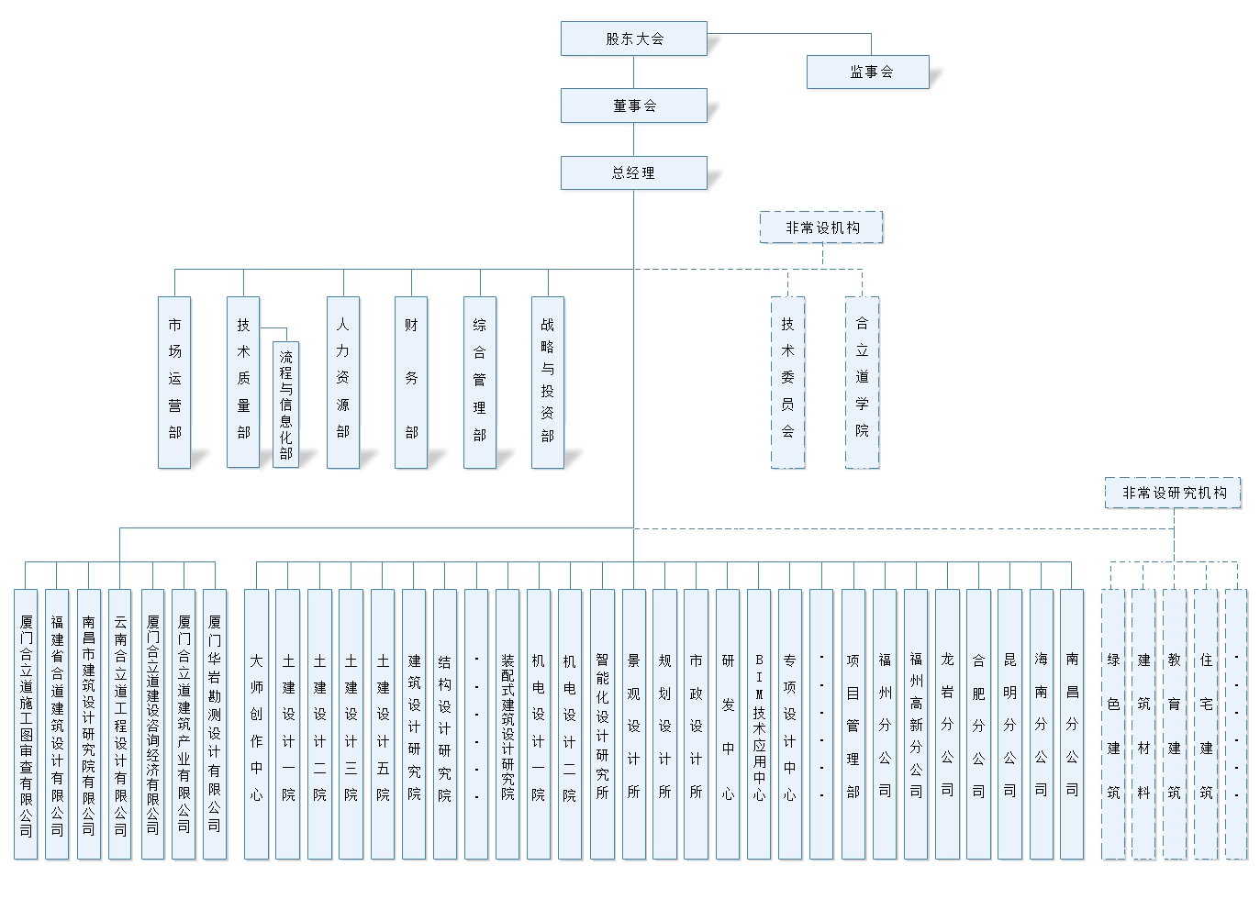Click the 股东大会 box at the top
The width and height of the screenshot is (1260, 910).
click(633, 39)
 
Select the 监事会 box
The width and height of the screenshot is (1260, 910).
click(867, 72)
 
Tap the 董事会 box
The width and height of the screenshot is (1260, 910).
click(633, 105)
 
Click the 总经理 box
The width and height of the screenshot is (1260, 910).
click(633, 172)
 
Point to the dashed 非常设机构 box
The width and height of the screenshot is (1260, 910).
click(821, 227)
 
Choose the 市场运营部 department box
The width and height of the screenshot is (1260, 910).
click(174, 382)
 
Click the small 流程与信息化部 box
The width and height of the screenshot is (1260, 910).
click(285, 404)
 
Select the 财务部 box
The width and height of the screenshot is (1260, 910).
click(411, 382)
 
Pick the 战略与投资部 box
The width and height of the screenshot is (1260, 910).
click(547, 382)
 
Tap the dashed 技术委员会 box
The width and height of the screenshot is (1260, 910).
click(787, 382)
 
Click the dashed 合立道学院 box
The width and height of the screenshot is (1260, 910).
click(862, 382)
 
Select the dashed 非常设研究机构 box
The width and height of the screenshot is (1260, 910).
click(1173, 493)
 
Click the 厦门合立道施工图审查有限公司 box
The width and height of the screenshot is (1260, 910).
click(26, 724)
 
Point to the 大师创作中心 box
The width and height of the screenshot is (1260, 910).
click(256, 724)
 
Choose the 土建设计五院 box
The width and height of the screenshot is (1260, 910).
click(383, 724)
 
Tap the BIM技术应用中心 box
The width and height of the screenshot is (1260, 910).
click(759, 724)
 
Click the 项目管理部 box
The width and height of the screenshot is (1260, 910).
click(853, 724)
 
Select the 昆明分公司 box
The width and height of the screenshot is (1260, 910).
click(1009, 724)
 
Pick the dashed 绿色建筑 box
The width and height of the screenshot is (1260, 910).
click(1113, 724)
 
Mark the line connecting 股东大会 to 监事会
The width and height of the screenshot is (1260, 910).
click(789, 34)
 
